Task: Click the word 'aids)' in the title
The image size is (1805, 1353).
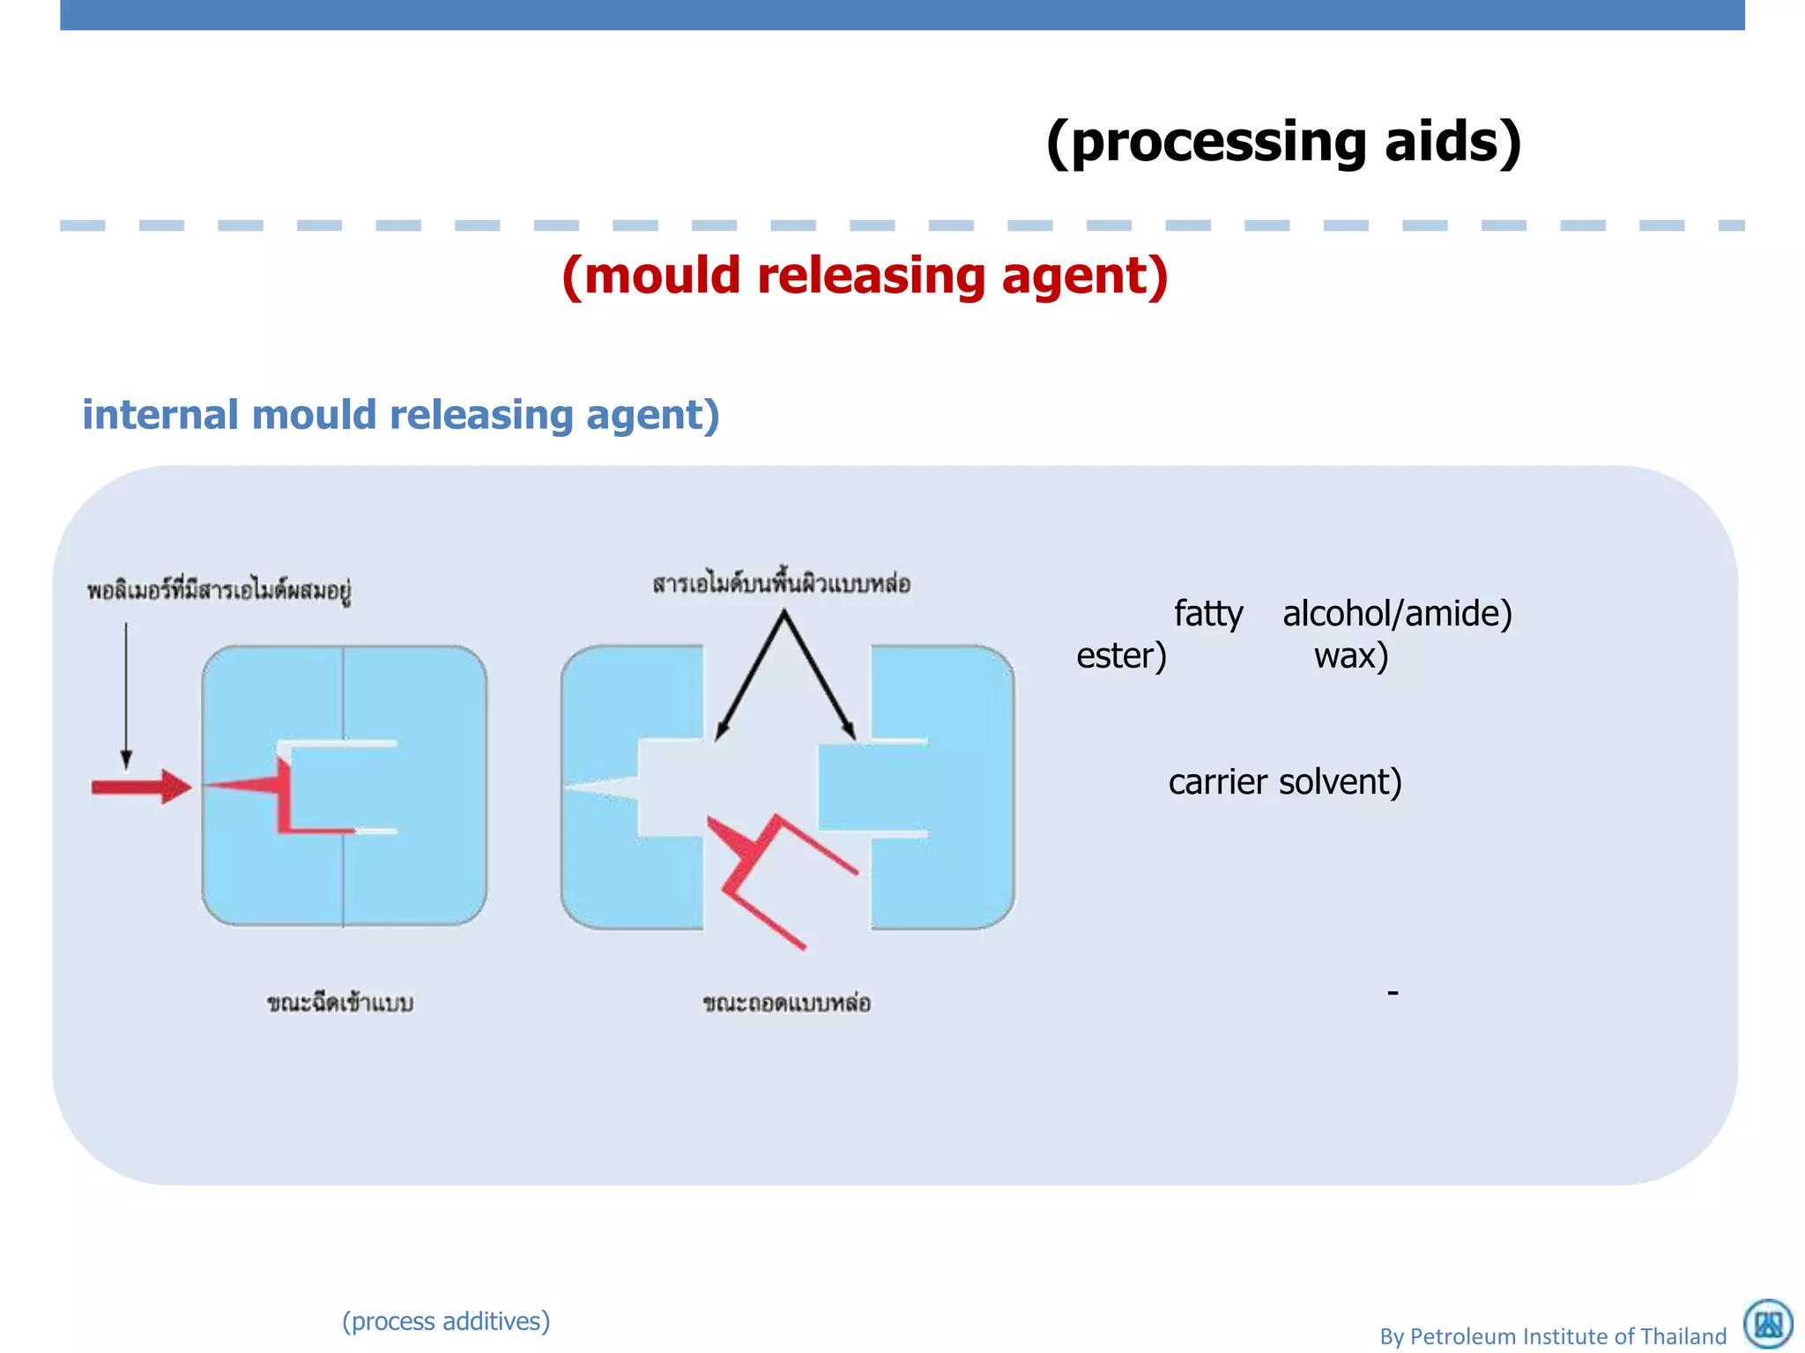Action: point(1452,143)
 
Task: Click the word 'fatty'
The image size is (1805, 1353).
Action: point(1207,614)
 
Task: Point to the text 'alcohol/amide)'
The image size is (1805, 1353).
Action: point(1397,614)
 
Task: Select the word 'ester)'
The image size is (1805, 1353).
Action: point(1121,656)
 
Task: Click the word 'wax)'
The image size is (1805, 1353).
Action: point(1350,656)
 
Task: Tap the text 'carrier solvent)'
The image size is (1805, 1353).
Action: point(1284,782)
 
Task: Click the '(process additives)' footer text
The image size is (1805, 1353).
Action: point(446,1321)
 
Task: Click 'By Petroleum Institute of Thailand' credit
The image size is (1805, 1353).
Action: point(1553,1336)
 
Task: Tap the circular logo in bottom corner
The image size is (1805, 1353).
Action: point(1768,1324)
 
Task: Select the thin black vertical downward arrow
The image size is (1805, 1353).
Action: point(126,696)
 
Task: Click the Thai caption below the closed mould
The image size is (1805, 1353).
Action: point(340,1003)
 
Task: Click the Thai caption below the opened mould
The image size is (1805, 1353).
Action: point(786,1003)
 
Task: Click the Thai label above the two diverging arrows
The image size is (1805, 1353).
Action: point(781,584)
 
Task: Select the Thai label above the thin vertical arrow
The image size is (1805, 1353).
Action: point(219,590)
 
